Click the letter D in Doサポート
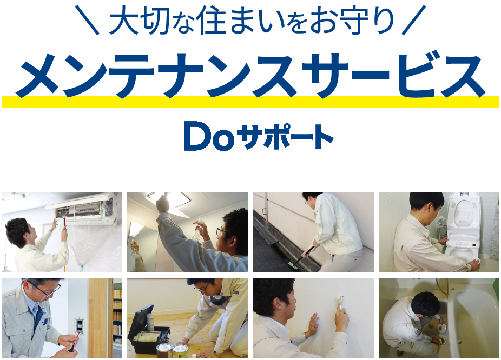[196, 136]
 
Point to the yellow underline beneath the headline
[250, 101]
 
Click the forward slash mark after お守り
[414, 20]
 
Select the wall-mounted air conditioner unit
[82, 208]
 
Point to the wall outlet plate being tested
[79, 326]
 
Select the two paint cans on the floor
[172, 350]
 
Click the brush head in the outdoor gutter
[294, 266]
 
